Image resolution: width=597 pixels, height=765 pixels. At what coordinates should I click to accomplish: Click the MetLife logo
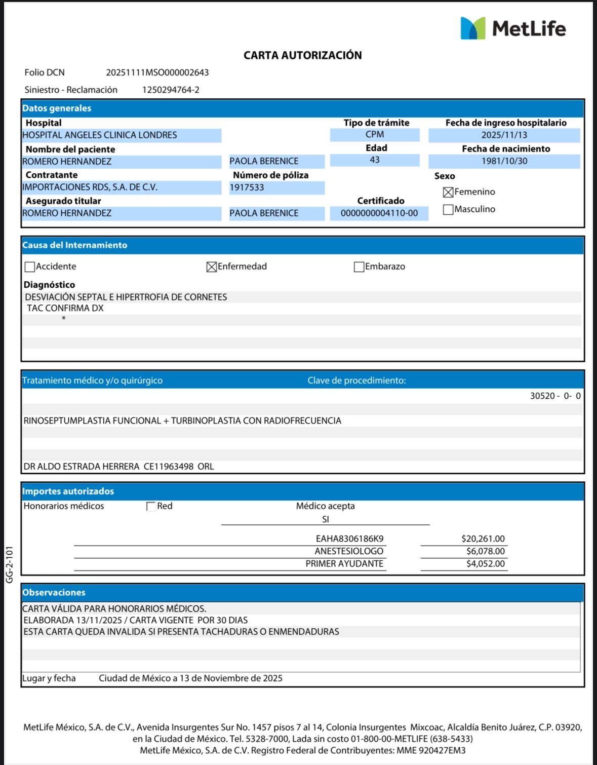tap(512, 28)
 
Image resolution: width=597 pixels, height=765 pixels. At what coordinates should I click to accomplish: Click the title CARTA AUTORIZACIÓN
tap(302, 55)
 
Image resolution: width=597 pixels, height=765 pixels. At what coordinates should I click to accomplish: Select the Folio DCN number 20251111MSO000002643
tap(157, 72)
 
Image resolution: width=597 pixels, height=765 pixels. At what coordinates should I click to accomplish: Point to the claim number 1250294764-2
tap(171, 90)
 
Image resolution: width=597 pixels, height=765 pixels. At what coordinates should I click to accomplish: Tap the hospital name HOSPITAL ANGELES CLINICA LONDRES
tap(100, 135)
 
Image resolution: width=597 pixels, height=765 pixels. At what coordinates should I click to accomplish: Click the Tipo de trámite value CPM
tap(375, 134)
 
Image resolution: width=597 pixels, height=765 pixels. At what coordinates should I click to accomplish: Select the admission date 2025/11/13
tap(504, 135)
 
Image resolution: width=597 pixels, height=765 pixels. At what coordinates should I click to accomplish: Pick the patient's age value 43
tap(375, 160)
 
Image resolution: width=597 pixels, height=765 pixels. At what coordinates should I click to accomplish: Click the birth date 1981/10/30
tap(504, 161)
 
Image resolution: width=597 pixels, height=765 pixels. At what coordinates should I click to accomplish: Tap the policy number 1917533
tap(247, 187)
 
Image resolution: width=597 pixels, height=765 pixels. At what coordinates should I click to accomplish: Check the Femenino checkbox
tap(448, 192)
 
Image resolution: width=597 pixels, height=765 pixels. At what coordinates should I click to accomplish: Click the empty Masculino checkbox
tap(448, 209)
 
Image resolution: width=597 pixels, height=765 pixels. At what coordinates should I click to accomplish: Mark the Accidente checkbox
tap(30, 267)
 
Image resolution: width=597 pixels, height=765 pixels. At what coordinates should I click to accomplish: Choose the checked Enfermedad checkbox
tap(212, 267)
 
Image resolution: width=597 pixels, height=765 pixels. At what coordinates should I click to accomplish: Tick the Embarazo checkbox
tap(359, 267)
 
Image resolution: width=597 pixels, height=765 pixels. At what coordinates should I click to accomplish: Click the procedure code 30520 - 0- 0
tap(555, 396)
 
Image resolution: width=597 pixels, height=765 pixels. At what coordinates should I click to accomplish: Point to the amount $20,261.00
tap(483, 539)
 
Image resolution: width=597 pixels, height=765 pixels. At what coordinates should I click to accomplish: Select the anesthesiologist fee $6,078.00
tap(485, 551)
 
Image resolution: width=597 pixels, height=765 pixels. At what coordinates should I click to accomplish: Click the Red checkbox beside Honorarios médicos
tap(151, 507)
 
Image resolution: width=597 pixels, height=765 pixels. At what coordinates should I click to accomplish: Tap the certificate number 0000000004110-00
tap(379, 213)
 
